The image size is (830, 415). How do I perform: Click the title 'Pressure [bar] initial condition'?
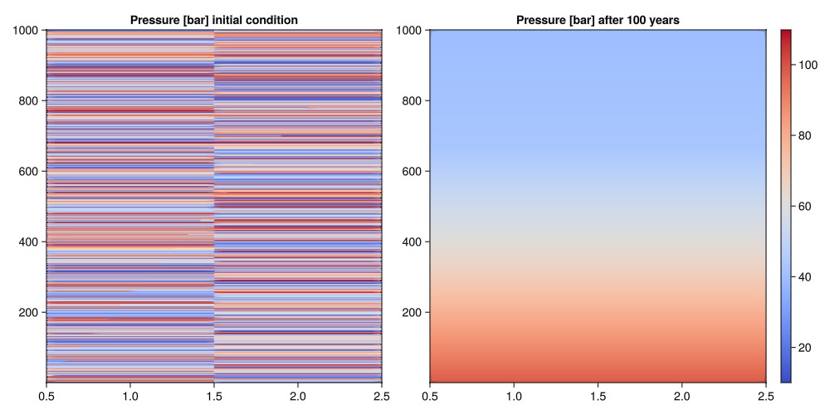[213, 19]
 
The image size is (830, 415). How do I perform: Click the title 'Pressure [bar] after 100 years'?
[598, 19]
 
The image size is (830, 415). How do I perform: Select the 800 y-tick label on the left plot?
[30, 101]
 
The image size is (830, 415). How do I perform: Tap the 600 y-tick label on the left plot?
[30, 172]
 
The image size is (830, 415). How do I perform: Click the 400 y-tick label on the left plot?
[30, 242]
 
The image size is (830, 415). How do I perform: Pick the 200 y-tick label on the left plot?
[30, 313]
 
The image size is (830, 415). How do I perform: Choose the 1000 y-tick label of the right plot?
[410, 31]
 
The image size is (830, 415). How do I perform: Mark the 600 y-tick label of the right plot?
[413, 172]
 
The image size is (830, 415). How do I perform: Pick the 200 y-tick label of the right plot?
[413, 313]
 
